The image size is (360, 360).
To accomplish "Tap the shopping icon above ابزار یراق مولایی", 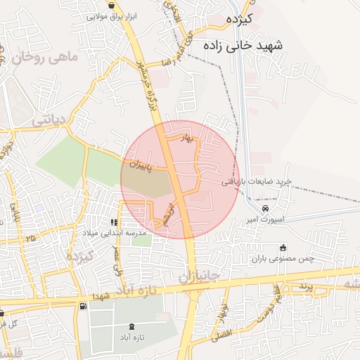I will (x=111, y=5).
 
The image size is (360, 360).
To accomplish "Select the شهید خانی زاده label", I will (x=243, y=44).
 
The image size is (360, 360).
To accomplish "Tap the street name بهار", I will (x=186, y=139).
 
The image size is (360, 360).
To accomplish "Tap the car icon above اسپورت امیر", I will (x=265, y=209).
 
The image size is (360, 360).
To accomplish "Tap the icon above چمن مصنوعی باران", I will (x=283, y=247).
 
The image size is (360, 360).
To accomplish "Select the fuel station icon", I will (x=84, y=306).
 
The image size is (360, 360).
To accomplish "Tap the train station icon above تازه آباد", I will (x=133, y=326).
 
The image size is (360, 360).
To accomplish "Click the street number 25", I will (x=30, y=238).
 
